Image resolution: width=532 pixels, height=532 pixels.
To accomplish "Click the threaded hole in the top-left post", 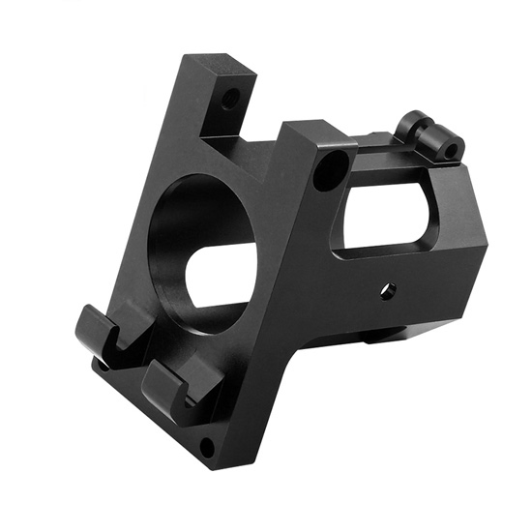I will (x=230, y=99).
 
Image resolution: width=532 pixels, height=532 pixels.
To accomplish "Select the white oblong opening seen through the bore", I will (x=224, y=277).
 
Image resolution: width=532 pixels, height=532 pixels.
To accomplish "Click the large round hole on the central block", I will (x=330, y=167).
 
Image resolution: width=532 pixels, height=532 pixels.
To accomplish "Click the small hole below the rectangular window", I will (x=387, y=289).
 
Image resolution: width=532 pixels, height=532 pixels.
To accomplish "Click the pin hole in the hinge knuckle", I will (x=450, y=150).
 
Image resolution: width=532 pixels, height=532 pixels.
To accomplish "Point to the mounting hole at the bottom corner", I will (x=206, y=446).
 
